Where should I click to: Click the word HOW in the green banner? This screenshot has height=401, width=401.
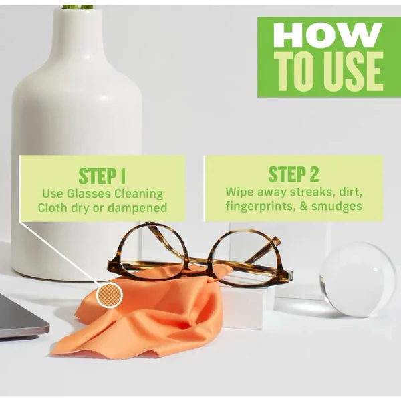(x=327, y=35)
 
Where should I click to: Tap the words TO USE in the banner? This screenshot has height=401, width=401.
(x=328, y=71)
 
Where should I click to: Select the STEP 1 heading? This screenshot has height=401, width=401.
(x=102, y=176)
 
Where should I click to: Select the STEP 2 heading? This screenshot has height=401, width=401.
(x=293, y=174)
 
